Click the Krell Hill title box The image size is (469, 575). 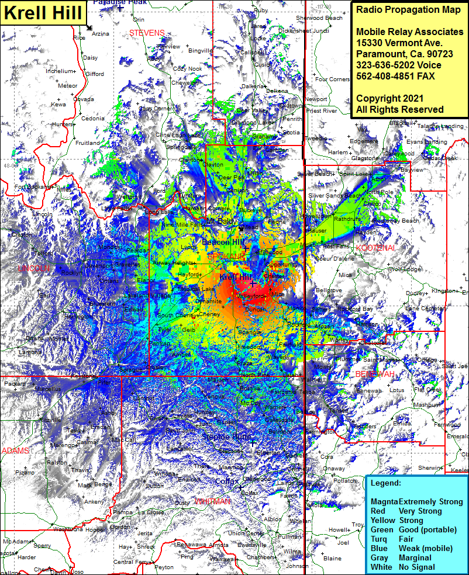[x=44, y=12]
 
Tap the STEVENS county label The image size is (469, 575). [x=147, y=33]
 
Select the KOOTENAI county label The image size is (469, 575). [x=375, y=248]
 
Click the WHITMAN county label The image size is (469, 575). [x=212, y=501]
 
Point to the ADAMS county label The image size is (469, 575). [x=15, y=451]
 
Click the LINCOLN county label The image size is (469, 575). [x=33, y=268]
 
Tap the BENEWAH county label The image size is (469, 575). [x=372, y=374]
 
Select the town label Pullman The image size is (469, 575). [x=290, y=536]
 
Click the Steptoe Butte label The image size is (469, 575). [x=227, y=437]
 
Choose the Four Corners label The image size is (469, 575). [x=332, y=79]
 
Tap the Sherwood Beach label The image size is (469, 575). [x=319, y=18]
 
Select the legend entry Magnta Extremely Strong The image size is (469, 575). [x=416, y=501]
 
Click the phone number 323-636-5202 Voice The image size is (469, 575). [x=398, y=65]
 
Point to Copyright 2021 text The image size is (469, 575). [x=392, y=98]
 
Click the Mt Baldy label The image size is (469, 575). [x=220, y=221]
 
